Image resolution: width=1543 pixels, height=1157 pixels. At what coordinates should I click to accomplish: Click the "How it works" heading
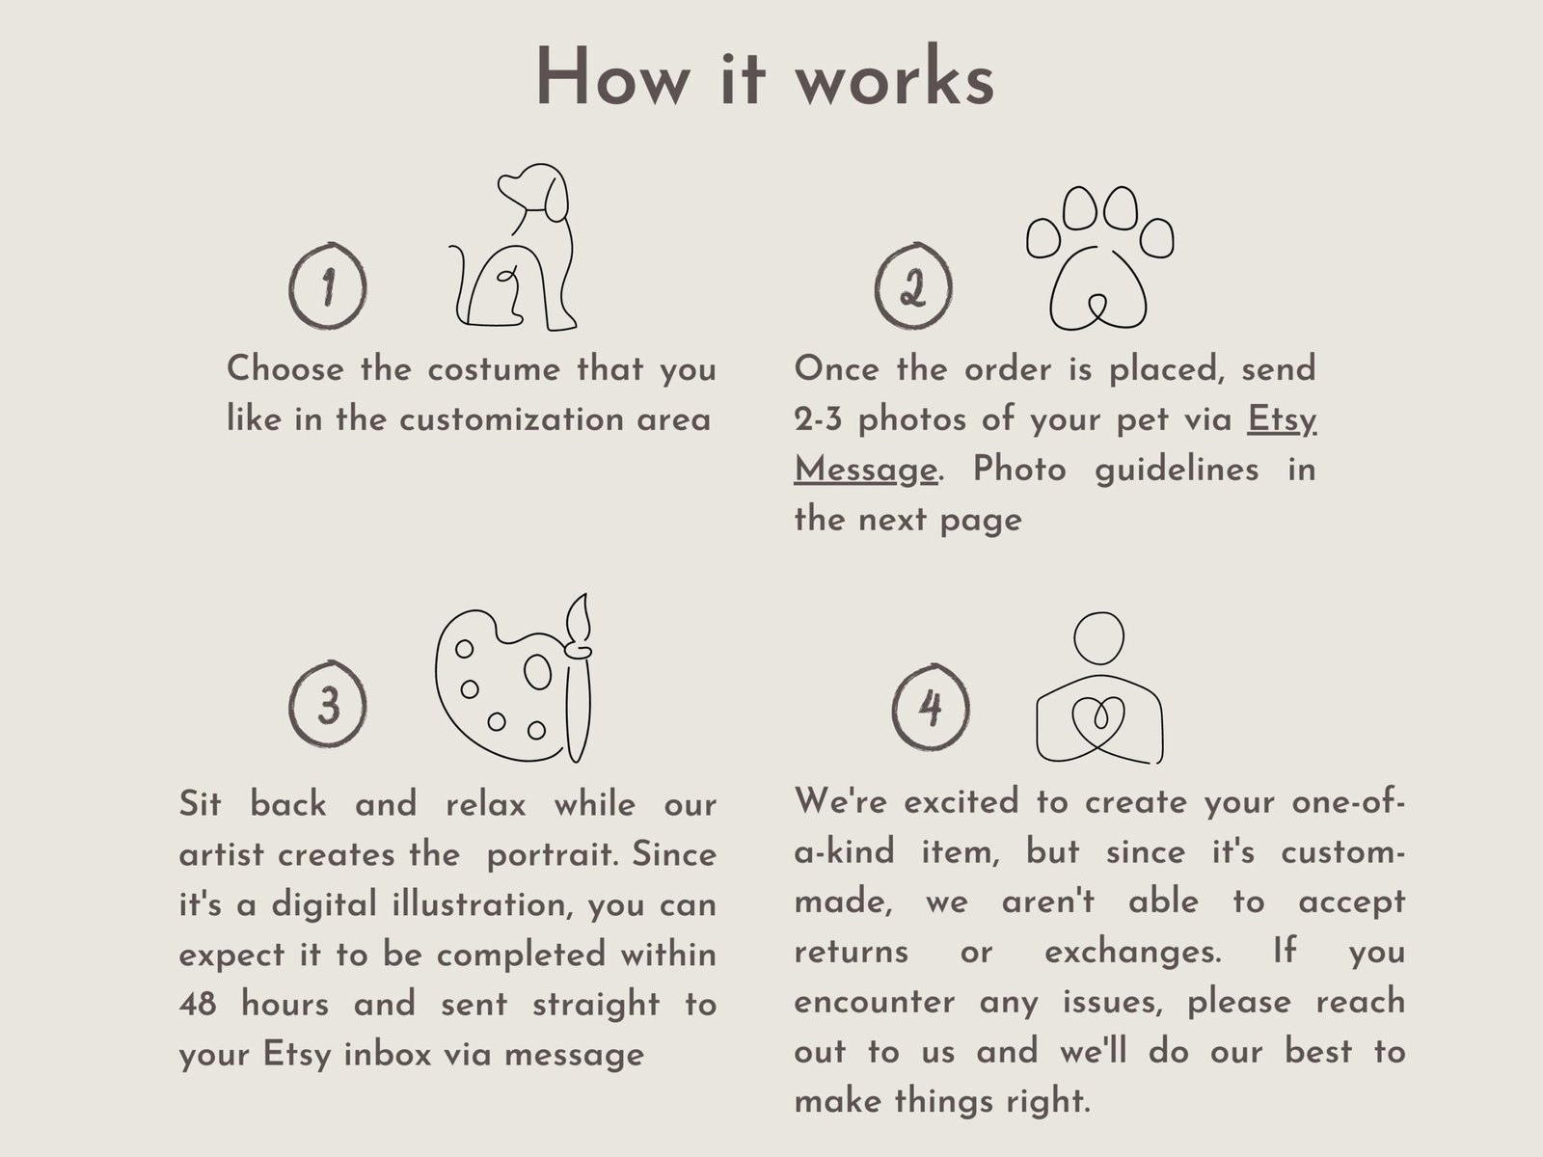pos(765,76)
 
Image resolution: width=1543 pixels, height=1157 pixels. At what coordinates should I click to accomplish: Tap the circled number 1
pos(328,286)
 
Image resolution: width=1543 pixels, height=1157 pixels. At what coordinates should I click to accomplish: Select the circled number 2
pos(913,286)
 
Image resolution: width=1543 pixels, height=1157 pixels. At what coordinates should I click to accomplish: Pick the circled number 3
pos(328,703)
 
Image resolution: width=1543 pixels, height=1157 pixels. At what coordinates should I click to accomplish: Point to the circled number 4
pos(931,707)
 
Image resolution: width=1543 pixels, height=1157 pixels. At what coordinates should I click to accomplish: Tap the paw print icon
pos(1099,257)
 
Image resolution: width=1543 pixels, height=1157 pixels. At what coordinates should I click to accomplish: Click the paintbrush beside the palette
pos(579,678)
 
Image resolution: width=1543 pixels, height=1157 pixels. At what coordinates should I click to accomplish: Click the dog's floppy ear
pos(555,200)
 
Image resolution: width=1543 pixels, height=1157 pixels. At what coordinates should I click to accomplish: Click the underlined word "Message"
pos(865,470)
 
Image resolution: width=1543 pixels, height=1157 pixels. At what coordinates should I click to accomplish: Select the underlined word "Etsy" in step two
pos(1281,420)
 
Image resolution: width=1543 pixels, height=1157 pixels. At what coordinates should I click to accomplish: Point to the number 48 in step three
pos(198,1004)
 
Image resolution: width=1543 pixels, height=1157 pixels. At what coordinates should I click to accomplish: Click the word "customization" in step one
pos(512,420)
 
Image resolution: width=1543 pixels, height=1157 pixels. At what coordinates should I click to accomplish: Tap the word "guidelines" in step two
pos(1177,470)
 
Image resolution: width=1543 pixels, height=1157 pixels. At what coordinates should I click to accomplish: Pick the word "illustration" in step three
pos(479,904)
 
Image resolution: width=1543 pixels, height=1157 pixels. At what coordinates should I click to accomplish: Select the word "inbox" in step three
pos(388,1055)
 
